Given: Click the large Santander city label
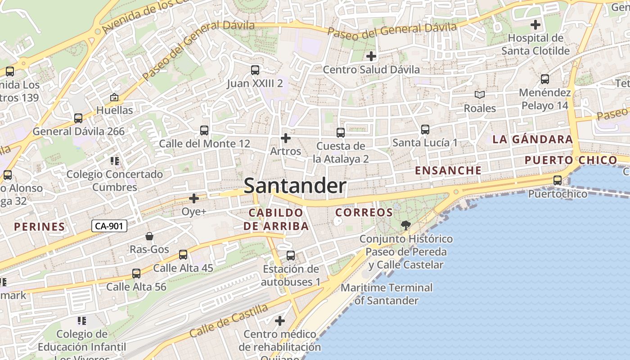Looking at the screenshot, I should point(295,186).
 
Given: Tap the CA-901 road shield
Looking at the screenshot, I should point(109,226).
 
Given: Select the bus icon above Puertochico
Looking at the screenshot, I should point(557,180).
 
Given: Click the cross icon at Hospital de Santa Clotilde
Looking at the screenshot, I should point(535,25).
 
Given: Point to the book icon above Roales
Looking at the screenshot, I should point(480,95).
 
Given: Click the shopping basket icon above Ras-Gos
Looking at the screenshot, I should point(149,236).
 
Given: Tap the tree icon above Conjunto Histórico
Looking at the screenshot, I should point(406,225).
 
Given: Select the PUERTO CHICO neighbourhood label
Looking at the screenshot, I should point(571,160).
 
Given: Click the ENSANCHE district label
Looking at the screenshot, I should point(448,171).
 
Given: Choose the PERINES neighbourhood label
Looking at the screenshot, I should point(40,226).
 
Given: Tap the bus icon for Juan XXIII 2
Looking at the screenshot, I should point(255,70).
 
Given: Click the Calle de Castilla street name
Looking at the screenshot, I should point(229,320).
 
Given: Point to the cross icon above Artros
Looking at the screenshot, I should point(285,138).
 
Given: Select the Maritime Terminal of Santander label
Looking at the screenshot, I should point(387,294).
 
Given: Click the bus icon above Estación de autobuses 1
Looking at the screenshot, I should point(291,256).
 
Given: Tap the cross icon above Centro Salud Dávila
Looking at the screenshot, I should point(371,56).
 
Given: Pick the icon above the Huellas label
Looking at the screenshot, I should point(114,97).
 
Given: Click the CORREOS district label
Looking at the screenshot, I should point(364,212).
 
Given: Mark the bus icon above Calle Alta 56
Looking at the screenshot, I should point(136,274).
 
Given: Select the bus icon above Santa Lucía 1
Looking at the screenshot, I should point(425,130).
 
